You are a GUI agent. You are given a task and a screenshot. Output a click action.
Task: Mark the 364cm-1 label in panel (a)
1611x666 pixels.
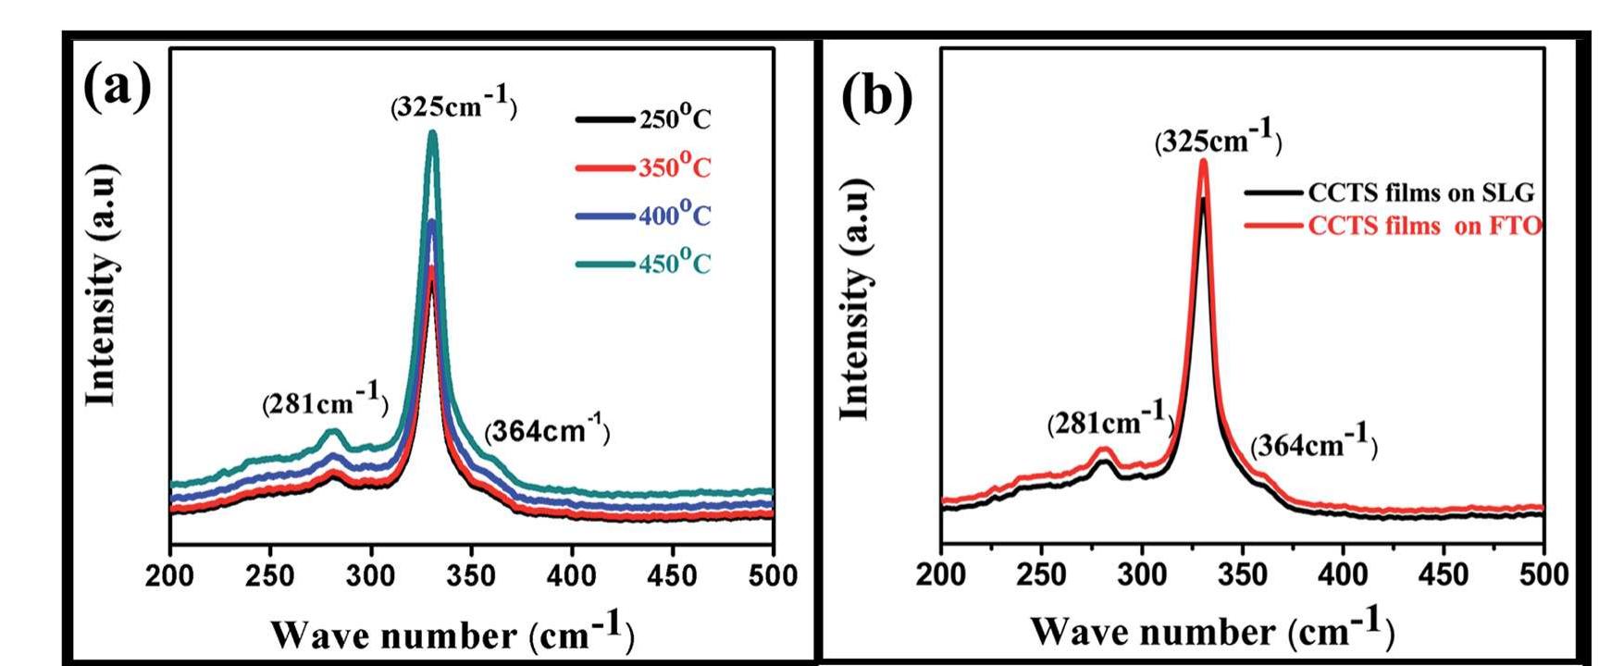[x=547, y=431]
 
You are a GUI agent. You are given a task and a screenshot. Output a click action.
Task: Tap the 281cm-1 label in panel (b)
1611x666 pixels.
[x=1110, y=423]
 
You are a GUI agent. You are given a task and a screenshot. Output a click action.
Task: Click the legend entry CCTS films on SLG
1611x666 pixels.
[x=1419, y=192]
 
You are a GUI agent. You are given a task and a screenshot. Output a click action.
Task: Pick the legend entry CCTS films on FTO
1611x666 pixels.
[x=1423, y=226]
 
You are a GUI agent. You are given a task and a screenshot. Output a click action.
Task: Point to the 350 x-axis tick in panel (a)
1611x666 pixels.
[x=471, y=576]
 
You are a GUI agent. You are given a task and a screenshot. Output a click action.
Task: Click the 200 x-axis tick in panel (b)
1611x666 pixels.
[x=941, y=574]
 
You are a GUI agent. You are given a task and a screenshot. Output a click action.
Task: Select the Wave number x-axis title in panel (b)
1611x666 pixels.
[x=1211, y=629]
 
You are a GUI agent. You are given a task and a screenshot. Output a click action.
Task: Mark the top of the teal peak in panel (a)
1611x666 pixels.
[x=432, y=133]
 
